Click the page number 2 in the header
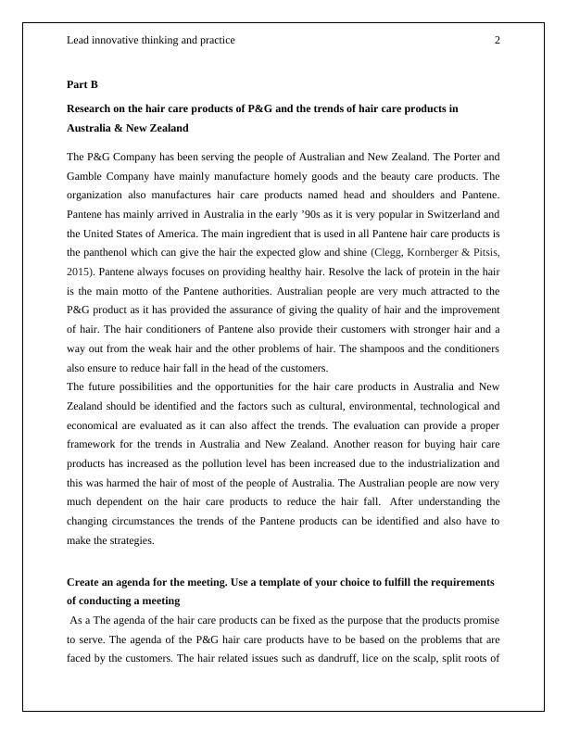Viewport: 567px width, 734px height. coord(498,40)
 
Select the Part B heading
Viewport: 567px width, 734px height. coord(82,84)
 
